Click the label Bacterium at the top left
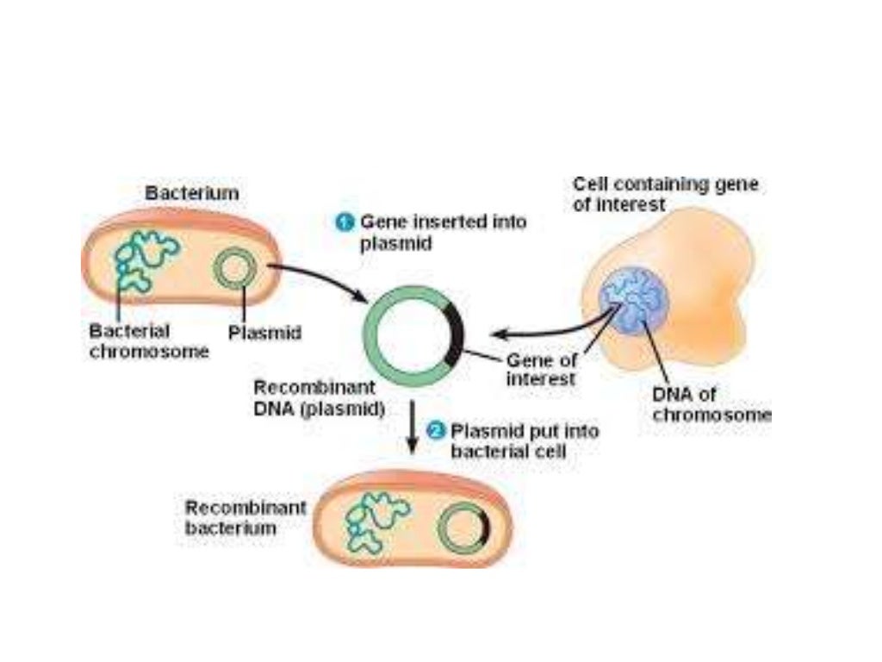tap(191, 193)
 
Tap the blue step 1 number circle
tap(344, 222)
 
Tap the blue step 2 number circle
tap(437, 429)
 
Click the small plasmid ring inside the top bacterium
tap(232, 270)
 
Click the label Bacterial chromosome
tap(148, 341)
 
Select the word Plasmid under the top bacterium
tap(264, 332)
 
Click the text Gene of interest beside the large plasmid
tap(541, 370)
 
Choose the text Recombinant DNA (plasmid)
tap(318, 398)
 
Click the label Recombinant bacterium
tap(245, 517)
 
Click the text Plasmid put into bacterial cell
tap(524, 440)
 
